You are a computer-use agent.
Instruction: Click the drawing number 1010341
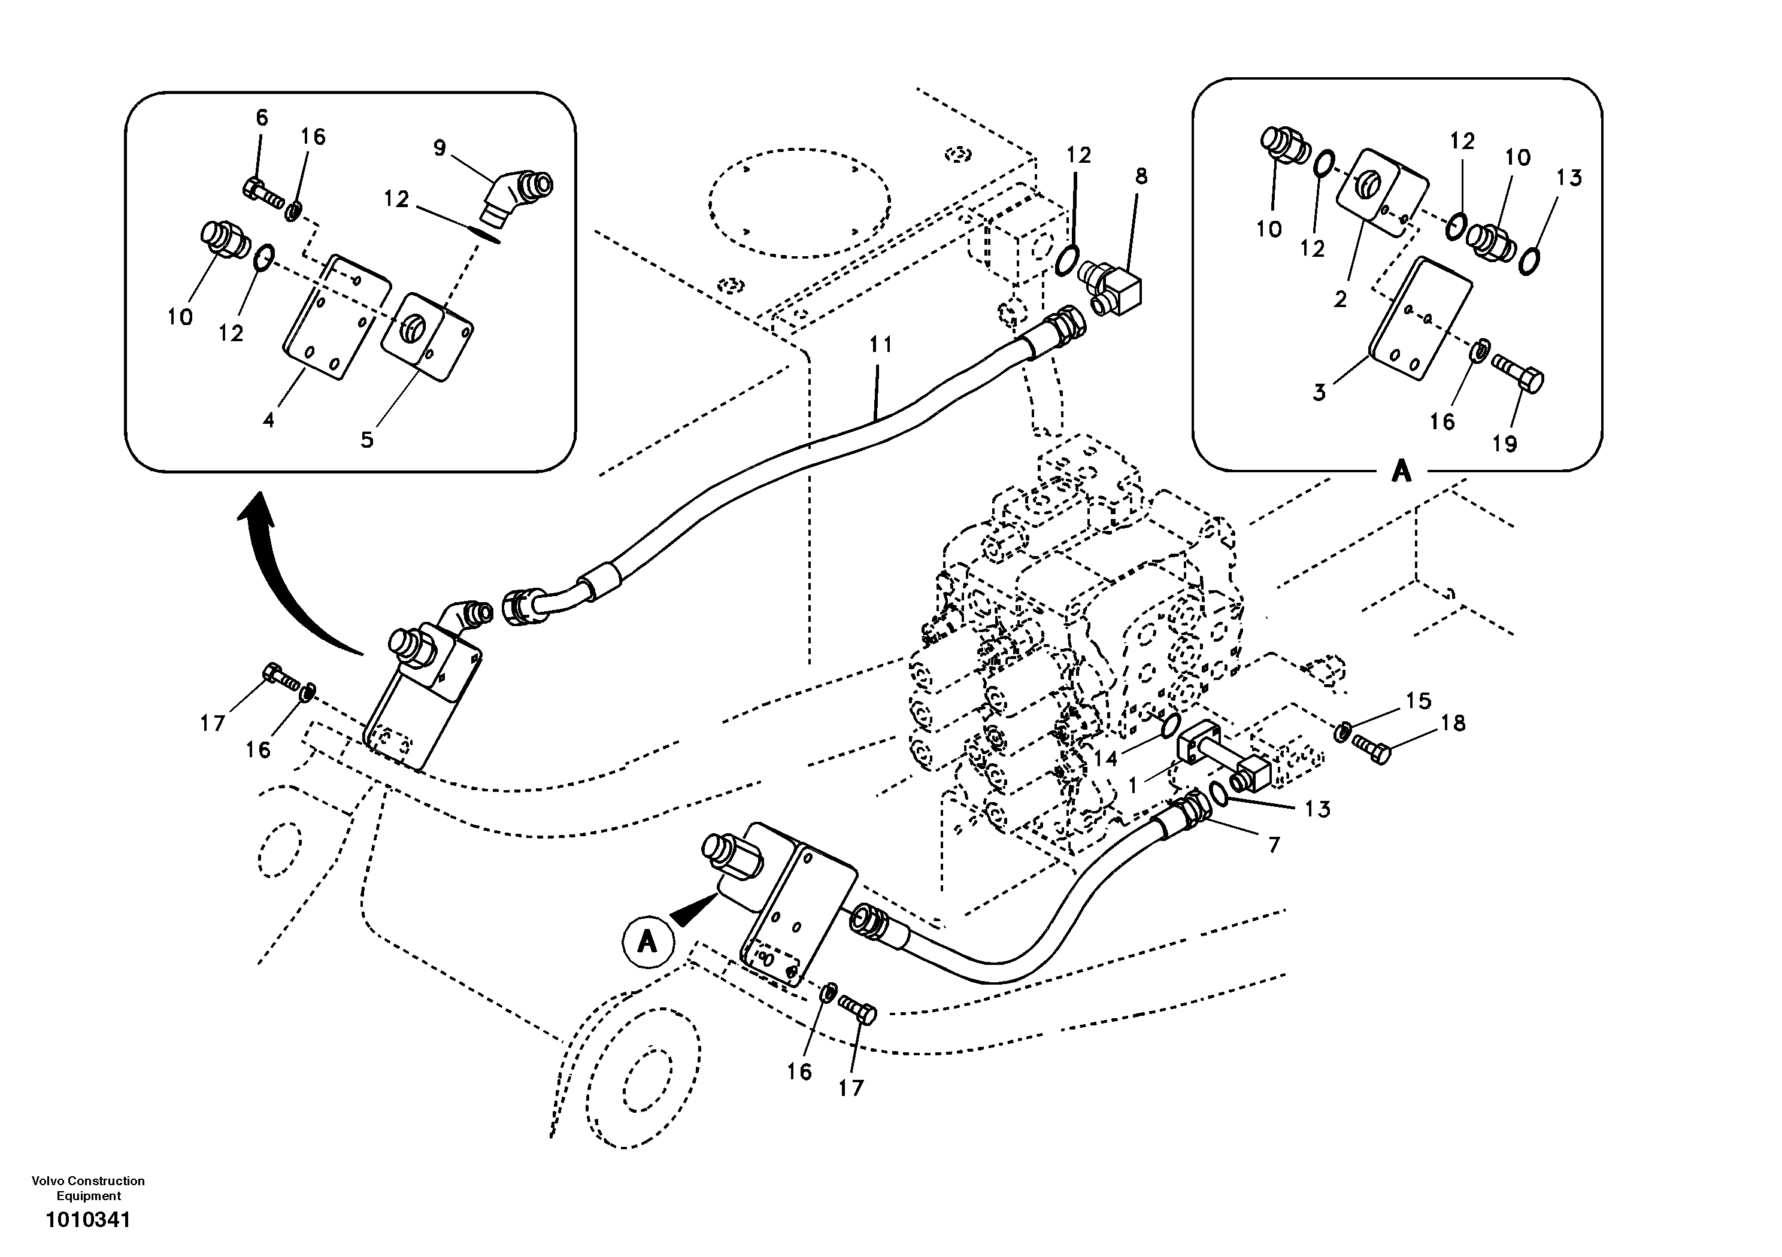[x=87, y=1220]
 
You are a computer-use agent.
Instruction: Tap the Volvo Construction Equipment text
[x=87, y=1188]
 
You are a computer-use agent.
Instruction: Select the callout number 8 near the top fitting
[x=1140, y=176]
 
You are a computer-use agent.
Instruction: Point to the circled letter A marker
[x=647, y=942]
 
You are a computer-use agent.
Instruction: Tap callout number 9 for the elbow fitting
[x=440, y=147]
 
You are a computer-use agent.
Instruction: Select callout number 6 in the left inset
[x=262, y=118]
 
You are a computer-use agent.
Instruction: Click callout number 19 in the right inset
[x=1504, y=444]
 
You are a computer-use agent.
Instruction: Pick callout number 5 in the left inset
[x=367, y=440]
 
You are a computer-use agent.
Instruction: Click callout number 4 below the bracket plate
[x=268, y=420]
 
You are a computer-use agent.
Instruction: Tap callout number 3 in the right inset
[x=1319, y=393]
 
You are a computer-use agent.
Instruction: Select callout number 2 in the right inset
[x=1340, y=299]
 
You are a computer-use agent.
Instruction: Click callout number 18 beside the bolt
[x=1452, y=723]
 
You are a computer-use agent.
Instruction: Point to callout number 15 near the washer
[x=1418, y=701]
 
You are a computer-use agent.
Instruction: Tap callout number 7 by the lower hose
[x=1274, y=844]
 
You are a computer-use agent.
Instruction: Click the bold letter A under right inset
[x=1401, y=471]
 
